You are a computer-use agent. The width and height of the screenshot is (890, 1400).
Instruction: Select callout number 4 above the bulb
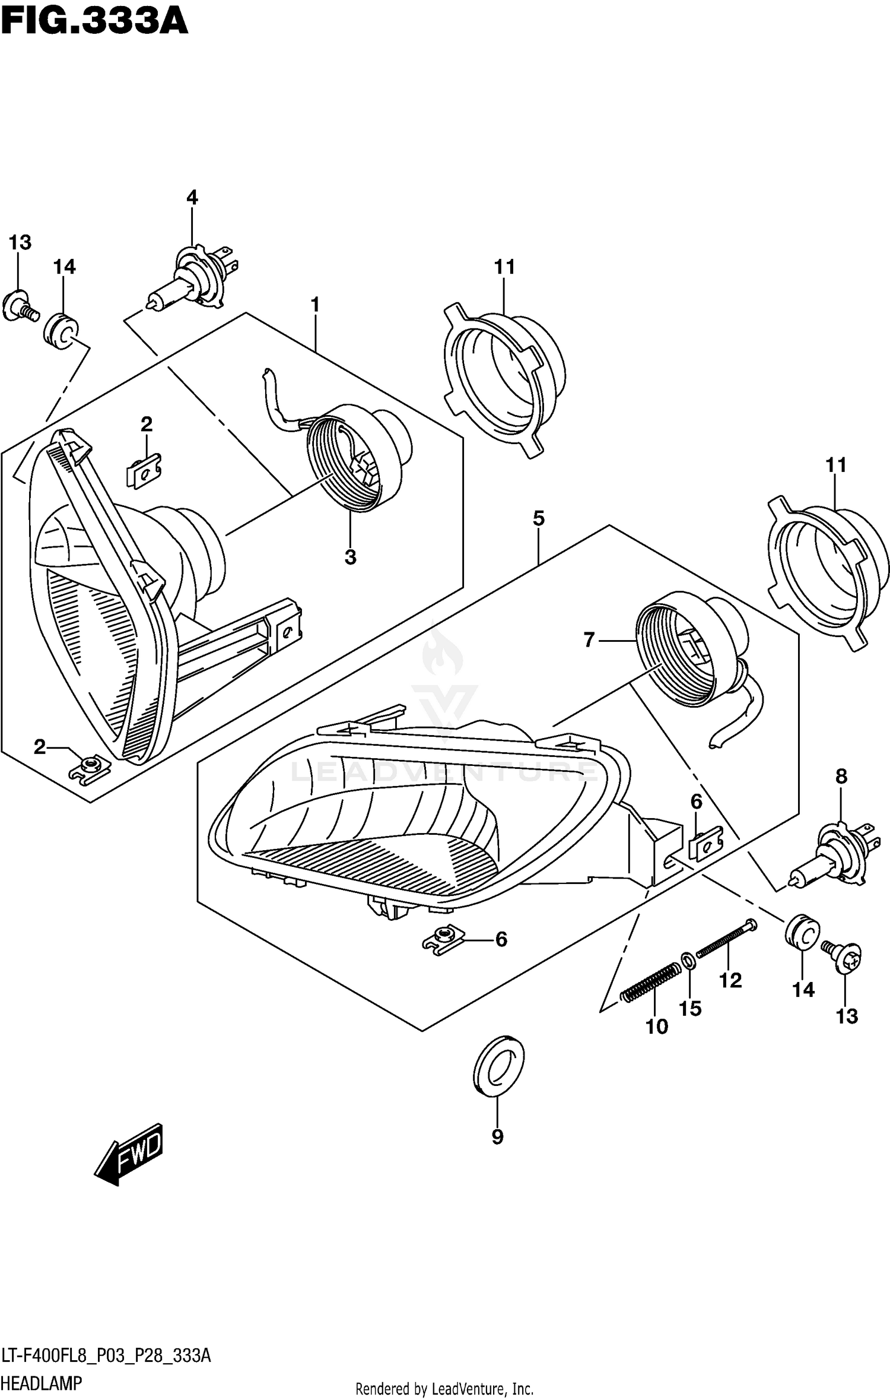(192, 198)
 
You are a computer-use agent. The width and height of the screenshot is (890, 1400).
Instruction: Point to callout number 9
(497, 1136)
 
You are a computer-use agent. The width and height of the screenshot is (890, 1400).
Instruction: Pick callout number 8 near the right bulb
(841, 776)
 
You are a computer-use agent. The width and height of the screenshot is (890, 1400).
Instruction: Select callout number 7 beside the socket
(589, 639)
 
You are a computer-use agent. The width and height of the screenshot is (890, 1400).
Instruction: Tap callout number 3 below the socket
(350, 557)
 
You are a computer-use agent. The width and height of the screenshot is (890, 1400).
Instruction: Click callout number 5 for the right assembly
(538, 518)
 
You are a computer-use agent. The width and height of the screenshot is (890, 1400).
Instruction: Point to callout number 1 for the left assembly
(315, 305)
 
